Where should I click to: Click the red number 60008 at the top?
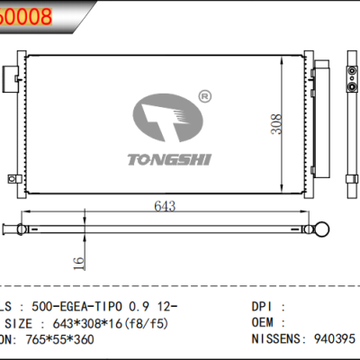tap(27, 15)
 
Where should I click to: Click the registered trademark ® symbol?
tap(202, 95)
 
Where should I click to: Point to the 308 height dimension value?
tap(281, 127)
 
